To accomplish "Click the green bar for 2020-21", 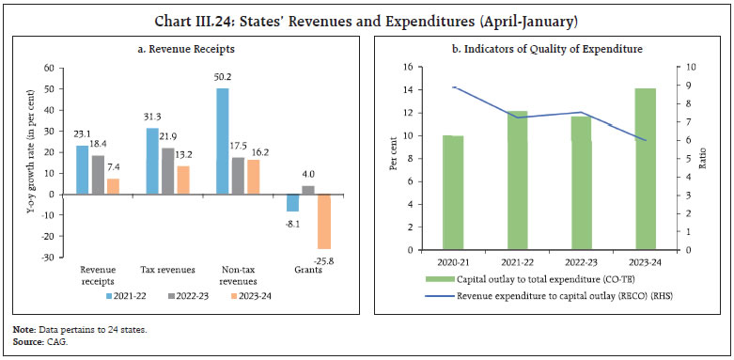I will (454, 193).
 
